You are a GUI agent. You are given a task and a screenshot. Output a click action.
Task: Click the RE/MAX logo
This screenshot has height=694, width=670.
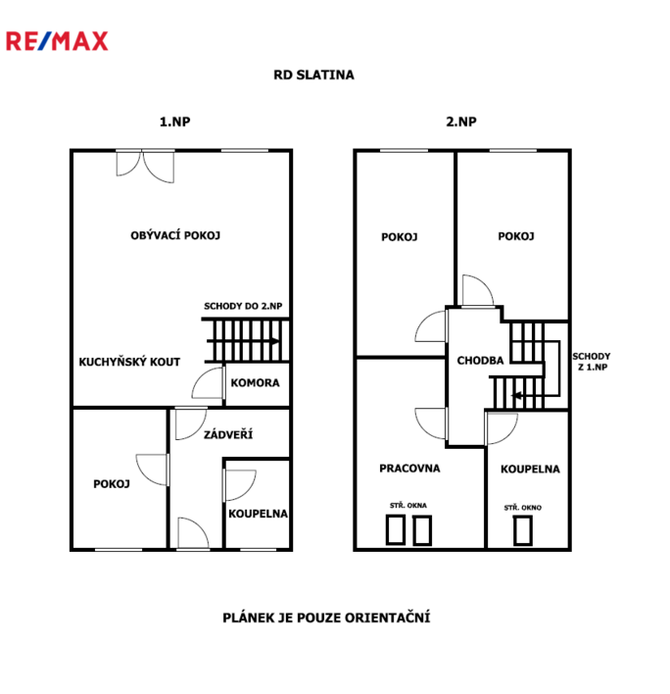click(57, 41)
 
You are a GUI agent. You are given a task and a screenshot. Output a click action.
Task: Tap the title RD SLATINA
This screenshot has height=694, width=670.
click(313, 74)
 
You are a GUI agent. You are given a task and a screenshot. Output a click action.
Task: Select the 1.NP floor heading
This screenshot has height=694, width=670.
click(174, 122)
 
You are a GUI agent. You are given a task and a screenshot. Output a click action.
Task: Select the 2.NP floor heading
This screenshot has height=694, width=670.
click(460, 122)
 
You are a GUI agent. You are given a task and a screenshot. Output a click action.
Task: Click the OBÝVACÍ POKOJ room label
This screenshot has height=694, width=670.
click(175, 235)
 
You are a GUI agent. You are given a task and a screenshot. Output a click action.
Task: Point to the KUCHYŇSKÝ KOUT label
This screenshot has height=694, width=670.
click(129, 362)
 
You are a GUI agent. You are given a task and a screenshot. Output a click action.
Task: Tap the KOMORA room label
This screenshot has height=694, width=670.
click(255, 382)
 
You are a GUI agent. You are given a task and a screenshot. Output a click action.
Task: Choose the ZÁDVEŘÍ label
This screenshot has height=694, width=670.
click(228, 434)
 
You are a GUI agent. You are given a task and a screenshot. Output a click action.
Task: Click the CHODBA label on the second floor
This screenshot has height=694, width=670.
click(480, 361)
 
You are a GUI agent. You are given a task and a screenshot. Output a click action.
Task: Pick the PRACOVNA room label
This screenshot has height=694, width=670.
click(409, 468)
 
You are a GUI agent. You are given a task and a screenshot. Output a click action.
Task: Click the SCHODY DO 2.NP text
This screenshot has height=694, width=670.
click(243, 306)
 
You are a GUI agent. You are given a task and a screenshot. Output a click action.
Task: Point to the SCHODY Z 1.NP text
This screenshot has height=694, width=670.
click(592, 361)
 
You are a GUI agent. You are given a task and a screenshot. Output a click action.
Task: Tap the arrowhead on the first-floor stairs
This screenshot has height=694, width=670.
click(275, 341)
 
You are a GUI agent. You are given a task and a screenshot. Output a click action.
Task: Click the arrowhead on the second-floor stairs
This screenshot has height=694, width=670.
click(516, 395)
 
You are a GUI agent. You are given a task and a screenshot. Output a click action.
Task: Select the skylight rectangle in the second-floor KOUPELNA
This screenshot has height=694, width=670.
click(523, 530)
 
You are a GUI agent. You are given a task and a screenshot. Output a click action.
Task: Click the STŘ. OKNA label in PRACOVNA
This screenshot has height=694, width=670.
click(408, 505)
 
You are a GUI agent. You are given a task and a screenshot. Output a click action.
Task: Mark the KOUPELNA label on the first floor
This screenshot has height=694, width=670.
click(258, 514)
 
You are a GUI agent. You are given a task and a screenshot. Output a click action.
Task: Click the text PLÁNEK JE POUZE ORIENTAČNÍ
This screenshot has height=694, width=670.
click(326, 617)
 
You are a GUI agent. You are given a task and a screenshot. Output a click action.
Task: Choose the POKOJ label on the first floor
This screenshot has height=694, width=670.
click(112, 484)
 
